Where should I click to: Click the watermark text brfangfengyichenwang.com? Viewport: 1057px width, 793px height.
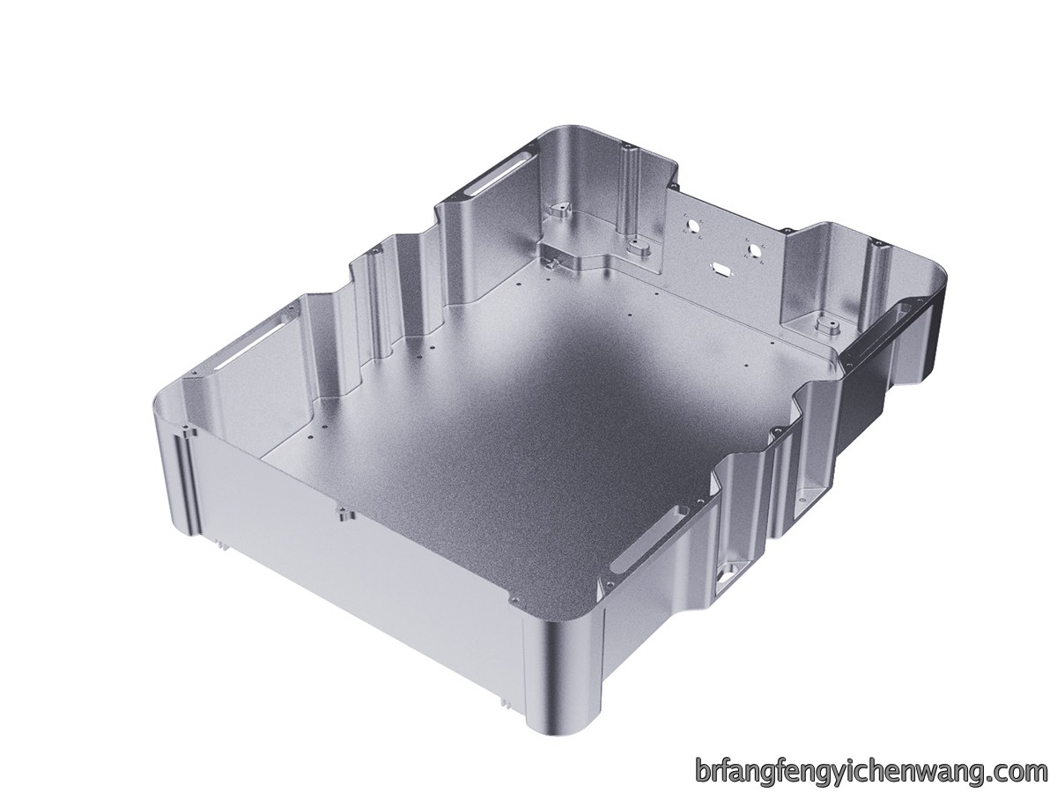click(872, 758)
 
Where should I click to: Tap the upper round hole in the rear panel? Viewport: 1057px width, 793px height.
click(695, 225)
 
